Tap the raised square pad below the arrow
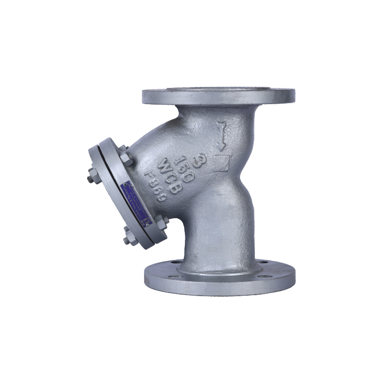tap(222, 162)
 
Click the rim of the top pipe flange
tap(218, 95)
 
